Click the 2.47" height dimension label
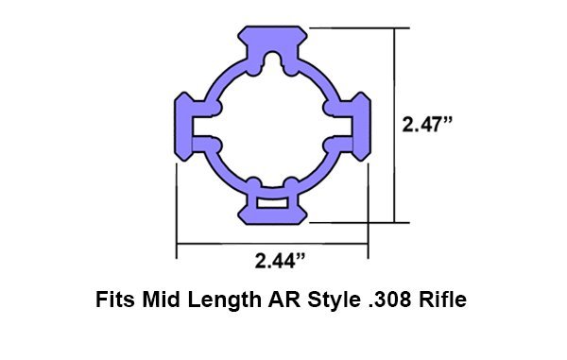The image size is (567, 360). point(427,125)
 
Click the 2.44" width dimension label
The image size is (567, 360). point(280,261)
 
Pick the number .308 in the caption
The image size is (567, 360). point(389,300)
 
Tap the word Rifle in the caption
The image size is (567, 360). point(442,300)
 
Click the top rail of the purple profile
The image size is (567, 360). point(272,38)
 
